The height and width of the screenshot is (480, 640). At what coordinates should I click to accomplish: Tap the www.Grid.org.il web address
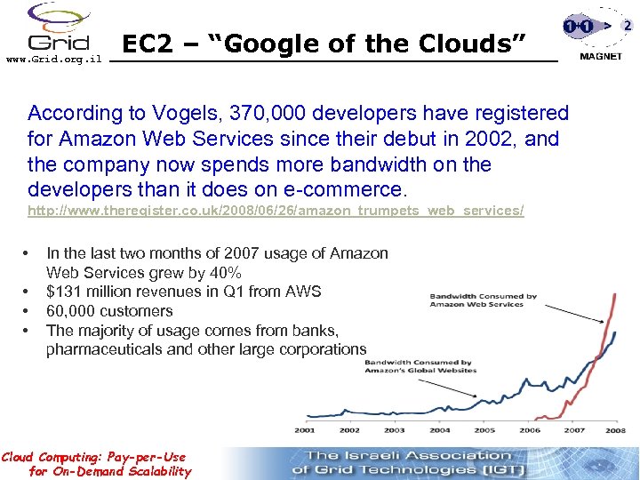[x=54, y=59]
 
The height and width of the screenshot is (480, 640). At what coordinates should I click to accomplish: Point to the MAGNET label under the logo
[x=601, y=57]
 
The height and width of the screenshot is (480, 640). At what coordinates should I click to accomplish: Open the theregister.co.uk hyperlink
[x=276, y=211]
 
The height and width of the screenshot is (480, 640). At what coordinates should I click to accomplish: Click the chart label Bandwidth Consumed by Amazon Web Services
[x=483, y=300]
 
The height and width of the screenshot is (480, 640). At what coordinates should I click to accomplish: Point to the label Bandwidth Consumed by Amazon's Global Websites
[x=420, y=366]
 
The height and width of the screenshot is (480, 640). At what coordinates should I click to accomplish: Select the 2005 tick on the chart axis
[x=484, y=430]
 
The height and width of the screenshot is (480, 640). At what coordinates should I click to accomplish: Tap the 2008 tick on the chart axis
[x=615, y=430]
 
